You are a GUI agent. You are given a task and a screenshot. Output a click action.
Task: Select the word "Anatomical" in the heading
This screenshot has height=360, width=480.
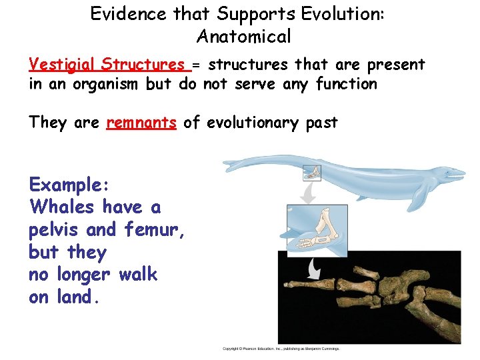[244, 36]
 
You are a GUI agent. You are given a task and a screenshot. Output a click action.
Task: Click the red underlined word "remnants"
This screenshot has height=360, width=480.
[141, 123]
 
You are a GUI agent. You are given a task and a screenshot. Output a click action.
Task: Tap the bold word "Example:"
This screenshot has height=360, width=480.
[69, 184]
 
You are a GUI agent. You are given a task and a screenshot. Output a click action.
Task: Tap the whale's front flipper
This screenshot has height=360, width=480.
[420, 197]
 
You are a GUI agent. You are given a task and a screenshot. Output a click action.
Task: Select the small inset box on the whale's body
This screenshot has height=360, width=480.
[312, 173]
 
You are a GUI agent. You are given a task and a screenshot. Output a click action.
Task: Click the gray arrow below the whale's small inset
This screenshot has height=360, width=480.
[308, 194]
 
